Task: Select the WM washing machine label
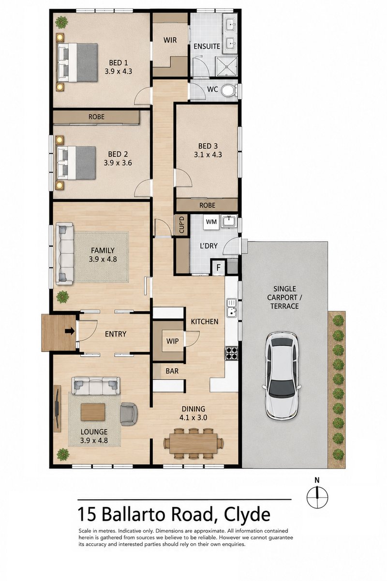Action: (211, 222)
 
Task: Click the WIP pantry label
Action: (172, 341)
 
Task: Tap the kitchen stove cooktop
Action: (231, 353)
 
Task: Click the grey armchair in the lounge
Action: (129, 414)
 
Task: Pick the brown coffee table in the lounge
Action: (93, 412)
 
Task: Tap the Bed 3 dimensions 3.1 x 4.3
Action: (208, 155)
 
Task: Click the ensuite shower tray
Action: (226, 66)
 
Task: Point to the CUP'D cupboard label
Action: (181, 225)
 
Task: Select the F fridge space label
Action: (219, 267)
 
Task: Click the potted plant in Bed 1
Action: (62, 22)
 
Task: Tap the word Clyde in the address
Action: (247, 515)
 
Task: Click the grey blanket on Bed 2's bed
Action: (86, 162)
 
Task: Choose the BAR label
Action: (172, 371)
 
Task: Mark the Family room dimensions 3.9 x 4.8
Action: (103, 259)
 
